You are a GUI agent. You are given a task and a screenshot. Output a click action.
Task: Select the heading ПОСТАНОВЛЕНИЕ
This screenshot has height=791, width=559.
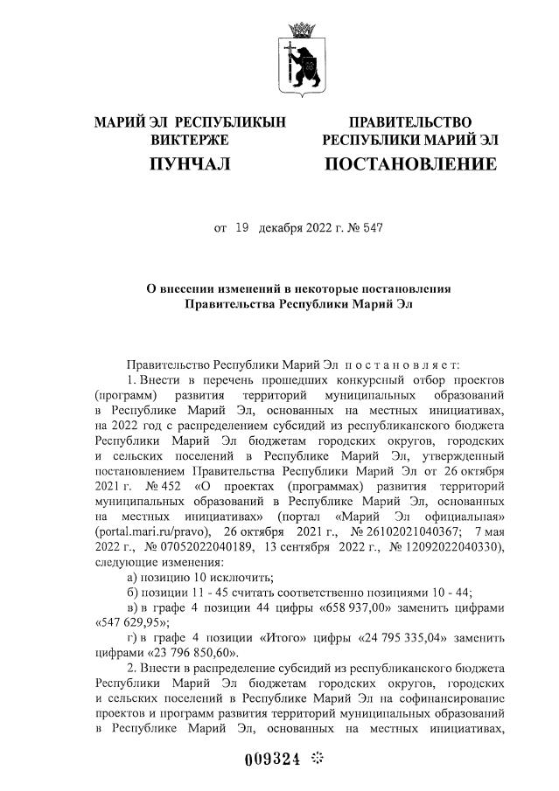click(x=410, y=164)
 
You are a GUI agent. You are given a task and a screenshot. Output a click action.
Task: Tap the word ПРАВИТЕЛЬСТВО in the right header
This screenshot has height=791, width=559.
click(x=410, y=121)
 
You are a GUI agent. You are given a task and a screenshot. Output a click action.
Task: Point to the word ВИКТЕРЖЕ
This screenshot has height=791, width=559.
click(x=190, y=140)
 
